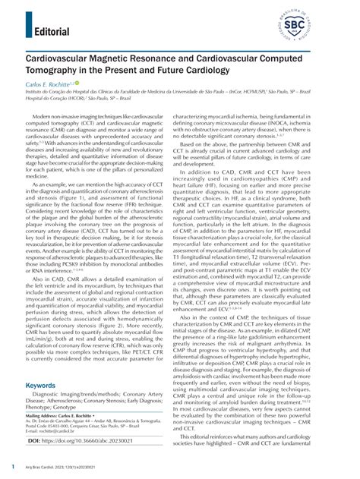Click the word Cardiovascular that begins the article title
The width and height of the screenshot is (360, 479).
point(64,57)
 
